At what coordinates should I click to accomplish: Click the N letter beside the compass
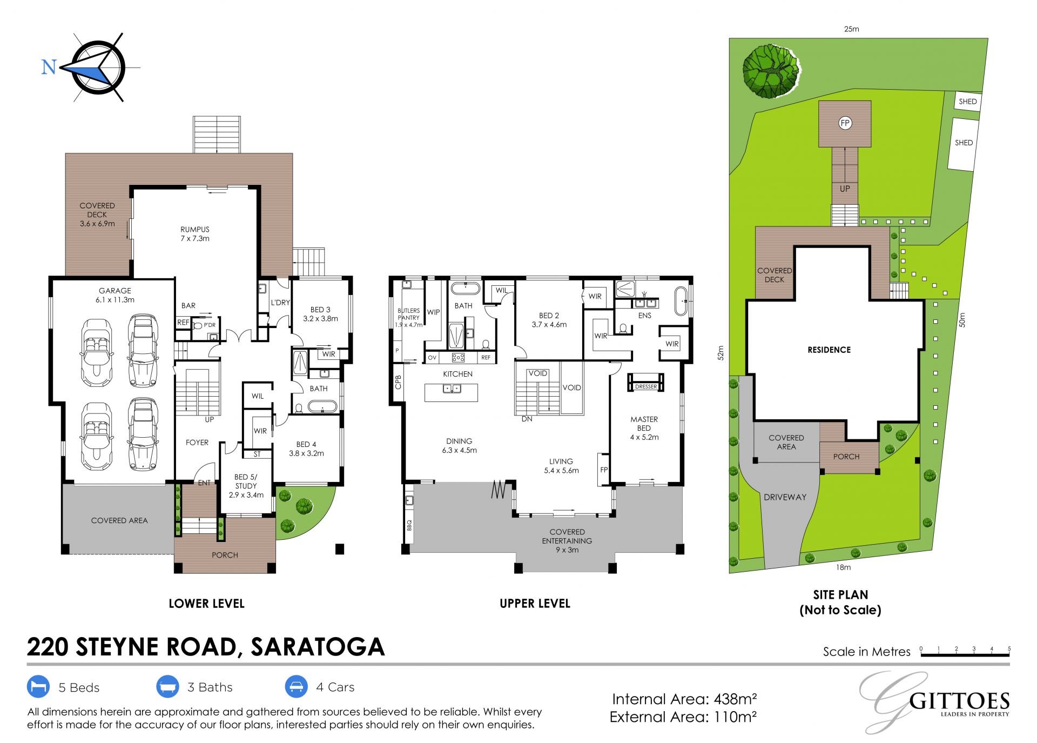click(49, 67)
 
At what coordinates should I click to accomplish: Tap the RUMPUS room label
click(195, 230)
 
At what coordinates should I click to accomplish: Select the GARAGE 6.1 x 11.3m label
click(115, 295)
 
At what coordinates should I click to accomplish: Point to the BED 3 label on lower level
click(320, 310)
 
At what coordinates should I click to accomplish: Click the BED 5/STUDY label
click(246, 486)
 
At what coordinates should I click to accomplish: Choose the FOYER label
click(197, 443)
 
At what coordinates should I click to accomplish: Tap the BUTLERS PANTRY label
click(408, 314)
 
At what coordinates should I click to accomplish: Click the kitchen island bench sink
click(451, 389)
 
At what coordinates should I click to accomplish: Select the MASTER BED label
click(644, 424)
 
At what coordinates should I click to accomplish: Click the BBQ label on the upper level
click(409, 524)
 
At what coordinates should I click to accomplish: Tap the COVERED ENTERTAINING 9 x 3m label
click(567, 541)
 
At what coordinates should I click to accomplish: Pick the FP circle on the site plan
click(845, 123)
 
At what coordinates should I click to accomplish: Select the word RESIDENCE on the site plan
click(829, 350)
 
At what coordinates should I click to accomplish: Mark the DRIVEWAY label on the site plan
click(785, 497)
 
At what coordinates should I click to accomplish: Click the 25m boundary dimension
click(851, 29)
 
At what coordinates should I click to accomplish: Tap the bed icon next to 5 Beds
click(38, 687)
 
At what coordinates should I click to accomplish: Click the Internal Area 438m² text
click(684, 699)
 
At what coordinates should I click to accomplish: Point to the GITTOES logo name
click(959, 701)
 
